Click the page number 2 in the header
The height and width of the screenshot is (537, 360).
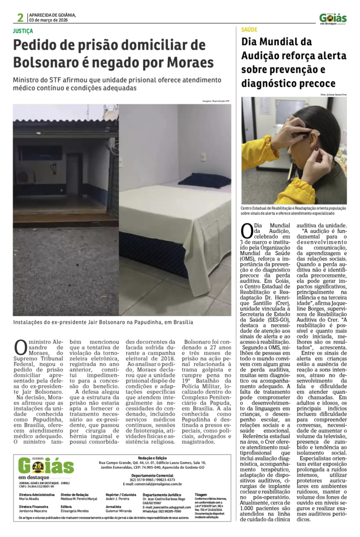click(20, 18)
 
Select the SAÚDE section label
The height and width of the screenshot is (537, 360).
click(250, 30)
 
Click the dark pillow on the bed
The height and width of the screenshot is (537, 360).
click(204, 180)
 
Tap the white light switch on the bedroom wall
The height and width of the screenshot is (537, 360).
click(203, 157)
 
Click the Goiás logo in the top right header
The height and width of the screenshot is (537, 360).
click(333, 19)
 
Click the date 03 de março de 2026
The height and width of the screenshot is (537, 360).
click(52, 20)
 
